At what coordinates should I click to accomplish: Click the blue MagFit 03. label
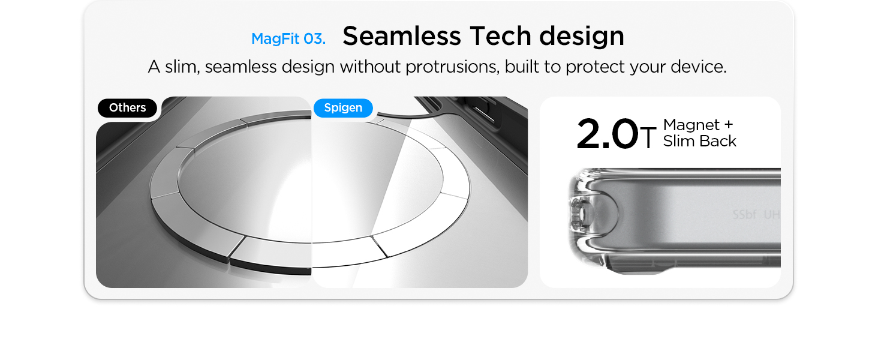tap(288, 38)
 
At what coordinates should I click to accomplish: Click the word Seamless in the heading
tap(402, 36)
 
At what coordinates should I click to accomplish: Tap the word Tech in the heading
tap(500, 36)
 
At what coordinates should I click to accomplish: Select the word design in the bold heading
tap(582, 37)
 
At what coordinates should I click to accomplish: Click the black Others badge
tap(127, 108)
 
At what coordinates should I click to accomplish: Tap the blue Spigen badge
tap(343, 108)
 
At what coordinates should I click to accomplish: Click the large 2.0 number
tap(607, 134)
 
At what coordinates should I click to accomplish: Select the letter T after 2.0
tap(648, 137)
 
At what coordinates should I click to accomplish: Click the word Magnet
tap(691, 125)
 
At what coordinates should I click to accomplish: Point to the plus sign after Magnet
tap(729, 124)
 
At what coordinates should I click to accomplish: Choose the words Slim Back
tap(700, 141)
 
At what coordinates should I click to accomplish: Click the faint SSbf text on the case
tap(744, 215)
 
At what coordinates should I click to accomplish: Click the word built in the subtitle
tap(522, 66)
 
